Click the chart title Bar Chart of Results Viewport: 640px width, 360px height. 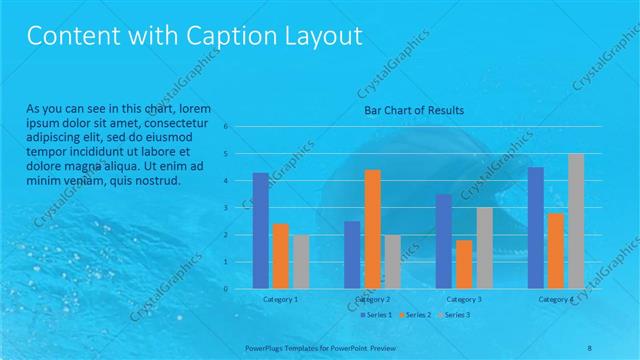413,110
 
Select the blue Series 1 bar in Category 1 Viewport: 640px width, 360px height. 260,231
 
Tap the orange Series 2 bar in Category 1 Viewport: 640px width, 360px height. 280,256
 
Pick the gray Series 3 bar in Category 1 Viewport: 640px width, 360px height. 301,262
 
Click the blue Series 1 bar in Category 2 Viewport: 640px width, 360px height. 352,255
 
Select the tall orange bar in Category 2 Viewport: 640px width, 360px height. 372,229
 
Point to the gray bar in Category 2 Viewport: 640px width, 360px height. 392,262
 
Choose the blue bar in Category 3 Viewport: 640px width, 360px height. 443,241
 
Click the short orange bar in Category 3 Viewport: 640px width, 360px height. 464,265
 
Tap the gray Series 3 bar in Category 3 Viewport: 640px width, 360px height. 484,248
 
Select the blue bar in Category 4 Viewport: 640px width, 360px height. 535,228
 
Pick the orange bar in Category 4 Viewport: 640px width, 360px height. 556,251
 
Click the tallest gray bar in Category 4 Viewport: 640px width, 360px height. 576,221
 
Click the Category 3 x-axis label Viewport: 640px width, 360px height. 464,299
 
